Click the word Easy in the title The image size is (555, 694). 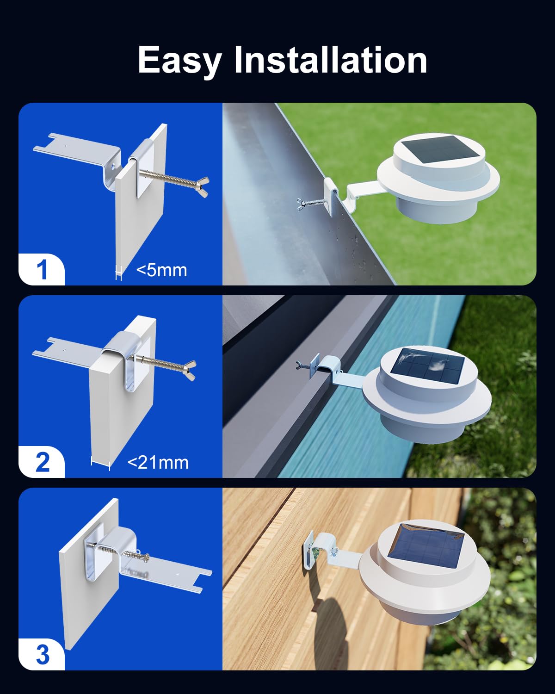tap(179, 60)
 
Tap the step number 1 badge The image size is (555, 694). tap(42, 270)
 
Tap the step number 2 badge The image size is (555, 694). tap(42, 462)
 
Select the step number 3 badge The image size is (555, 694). tap(42, 655)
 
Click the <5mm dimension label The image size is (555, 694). tap(161, 270)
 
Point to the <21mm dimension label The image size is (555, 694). tap(158, 462)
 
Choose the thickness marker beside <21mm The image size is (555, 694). tap(100, 463)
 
